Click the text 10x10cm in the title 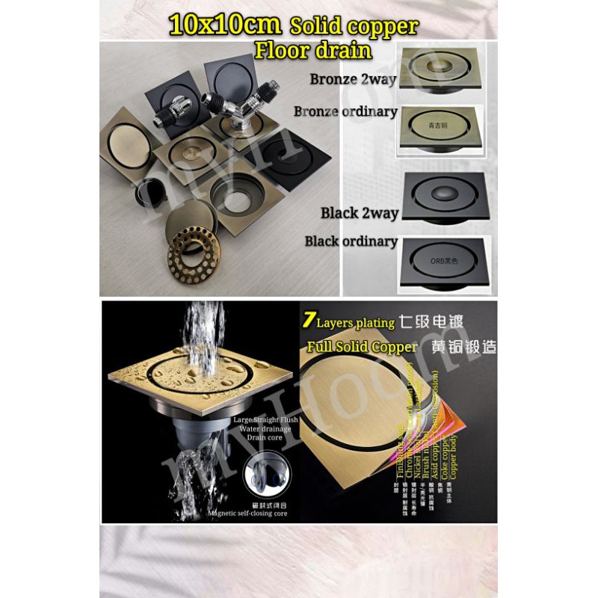click(224, 26)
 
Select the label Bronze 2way click(354, 80)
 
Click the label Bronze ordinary click(345, 111)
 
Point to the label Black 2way click(360, 213)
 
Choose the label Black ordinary click(351, 241)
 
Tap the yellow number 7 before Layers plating click(307, 321)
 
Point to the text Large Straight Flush click(265, 420)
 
